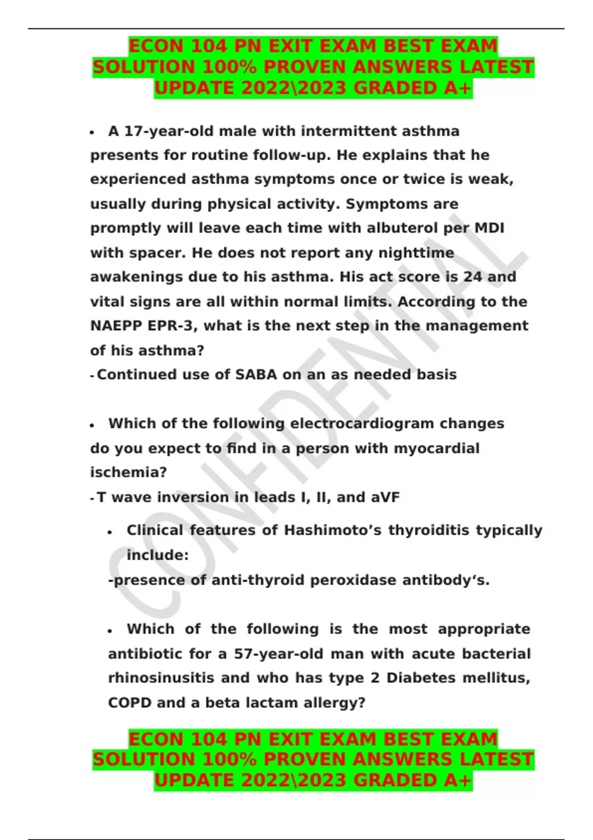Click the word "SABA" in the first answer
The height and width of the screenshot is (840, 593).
coord(256,375)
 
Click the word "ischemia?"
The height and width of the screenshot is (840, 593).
coord(128,472)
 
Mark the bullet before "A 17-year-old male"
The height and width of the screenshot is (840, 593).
coord(92,132)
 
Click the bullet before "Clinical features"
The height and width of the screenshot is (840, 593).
coord(110,532)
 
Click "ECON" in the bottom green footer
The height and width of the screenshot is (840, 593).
coord(156,739)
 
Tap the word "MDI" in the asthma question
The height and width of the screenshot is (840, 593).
coord(489,228)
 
